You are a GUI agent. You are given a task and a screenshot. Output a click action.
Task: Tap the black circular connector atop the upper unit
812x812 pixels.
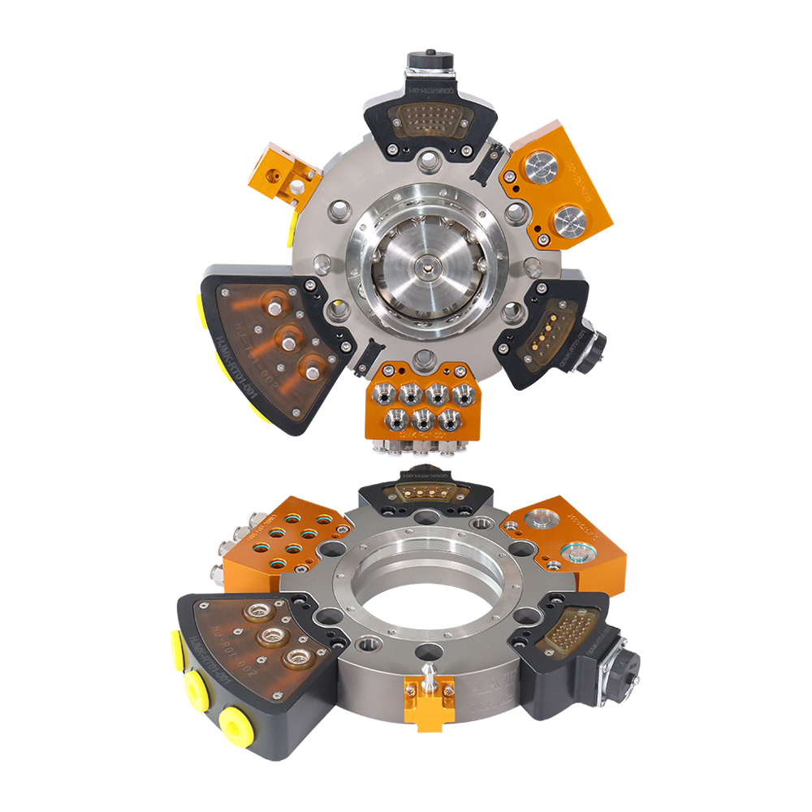(x=429, y=63)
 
